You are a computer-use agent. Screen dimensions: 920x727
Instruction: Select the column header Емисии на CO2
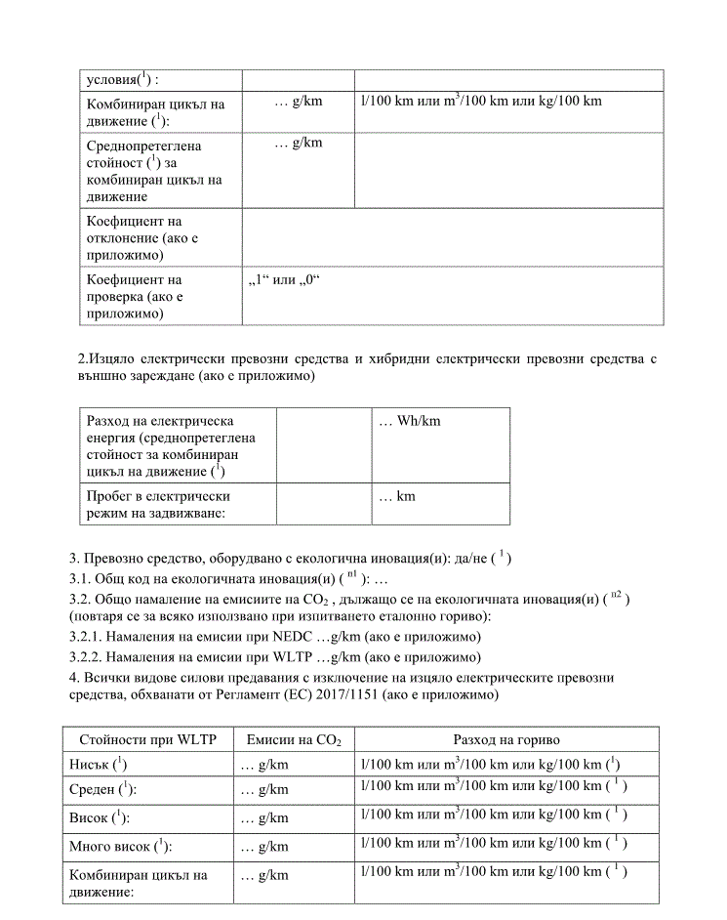point(294,741)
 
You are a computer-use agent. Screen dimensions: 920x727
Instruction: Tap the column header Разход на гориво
point(505,741)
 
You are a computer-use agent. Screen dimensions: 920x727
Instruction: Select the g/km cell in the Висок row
point(264,817)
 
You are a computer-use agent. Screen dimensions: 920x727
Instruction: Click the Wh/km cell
point(410,421)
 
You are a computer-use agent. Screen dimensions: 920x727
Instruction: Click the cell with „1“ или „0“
point(285,281)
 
